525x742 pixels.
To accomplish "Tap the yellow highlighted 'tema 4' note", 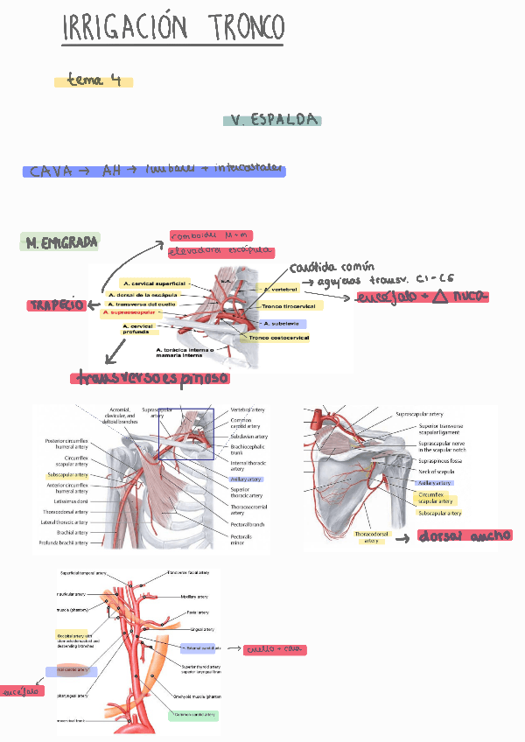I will pos(94,81).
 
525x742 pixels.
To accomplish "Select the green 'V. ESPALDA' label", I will pos(272,121).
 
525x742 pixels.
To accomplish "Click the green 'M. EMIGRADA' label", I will pos(60,241).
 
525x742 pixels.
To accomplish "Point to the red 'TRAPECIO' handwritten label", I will pos(57,305).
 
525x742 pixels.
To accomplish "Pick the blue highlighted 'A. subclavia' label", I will pos(283,323).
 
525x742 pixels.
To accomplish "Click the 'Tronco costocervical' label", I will pos(278,338).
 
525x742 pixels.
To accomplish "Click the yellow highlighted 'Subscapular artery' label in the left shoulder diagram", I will pos(67,474).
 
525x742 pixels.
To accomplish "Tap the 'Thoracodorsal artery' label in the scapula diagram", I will pos(372,536).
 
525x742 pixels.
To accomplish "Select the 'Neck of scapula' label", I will pos(435,472).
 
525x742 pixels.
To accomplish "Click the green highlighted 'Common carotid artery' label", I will pos(195,715).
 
